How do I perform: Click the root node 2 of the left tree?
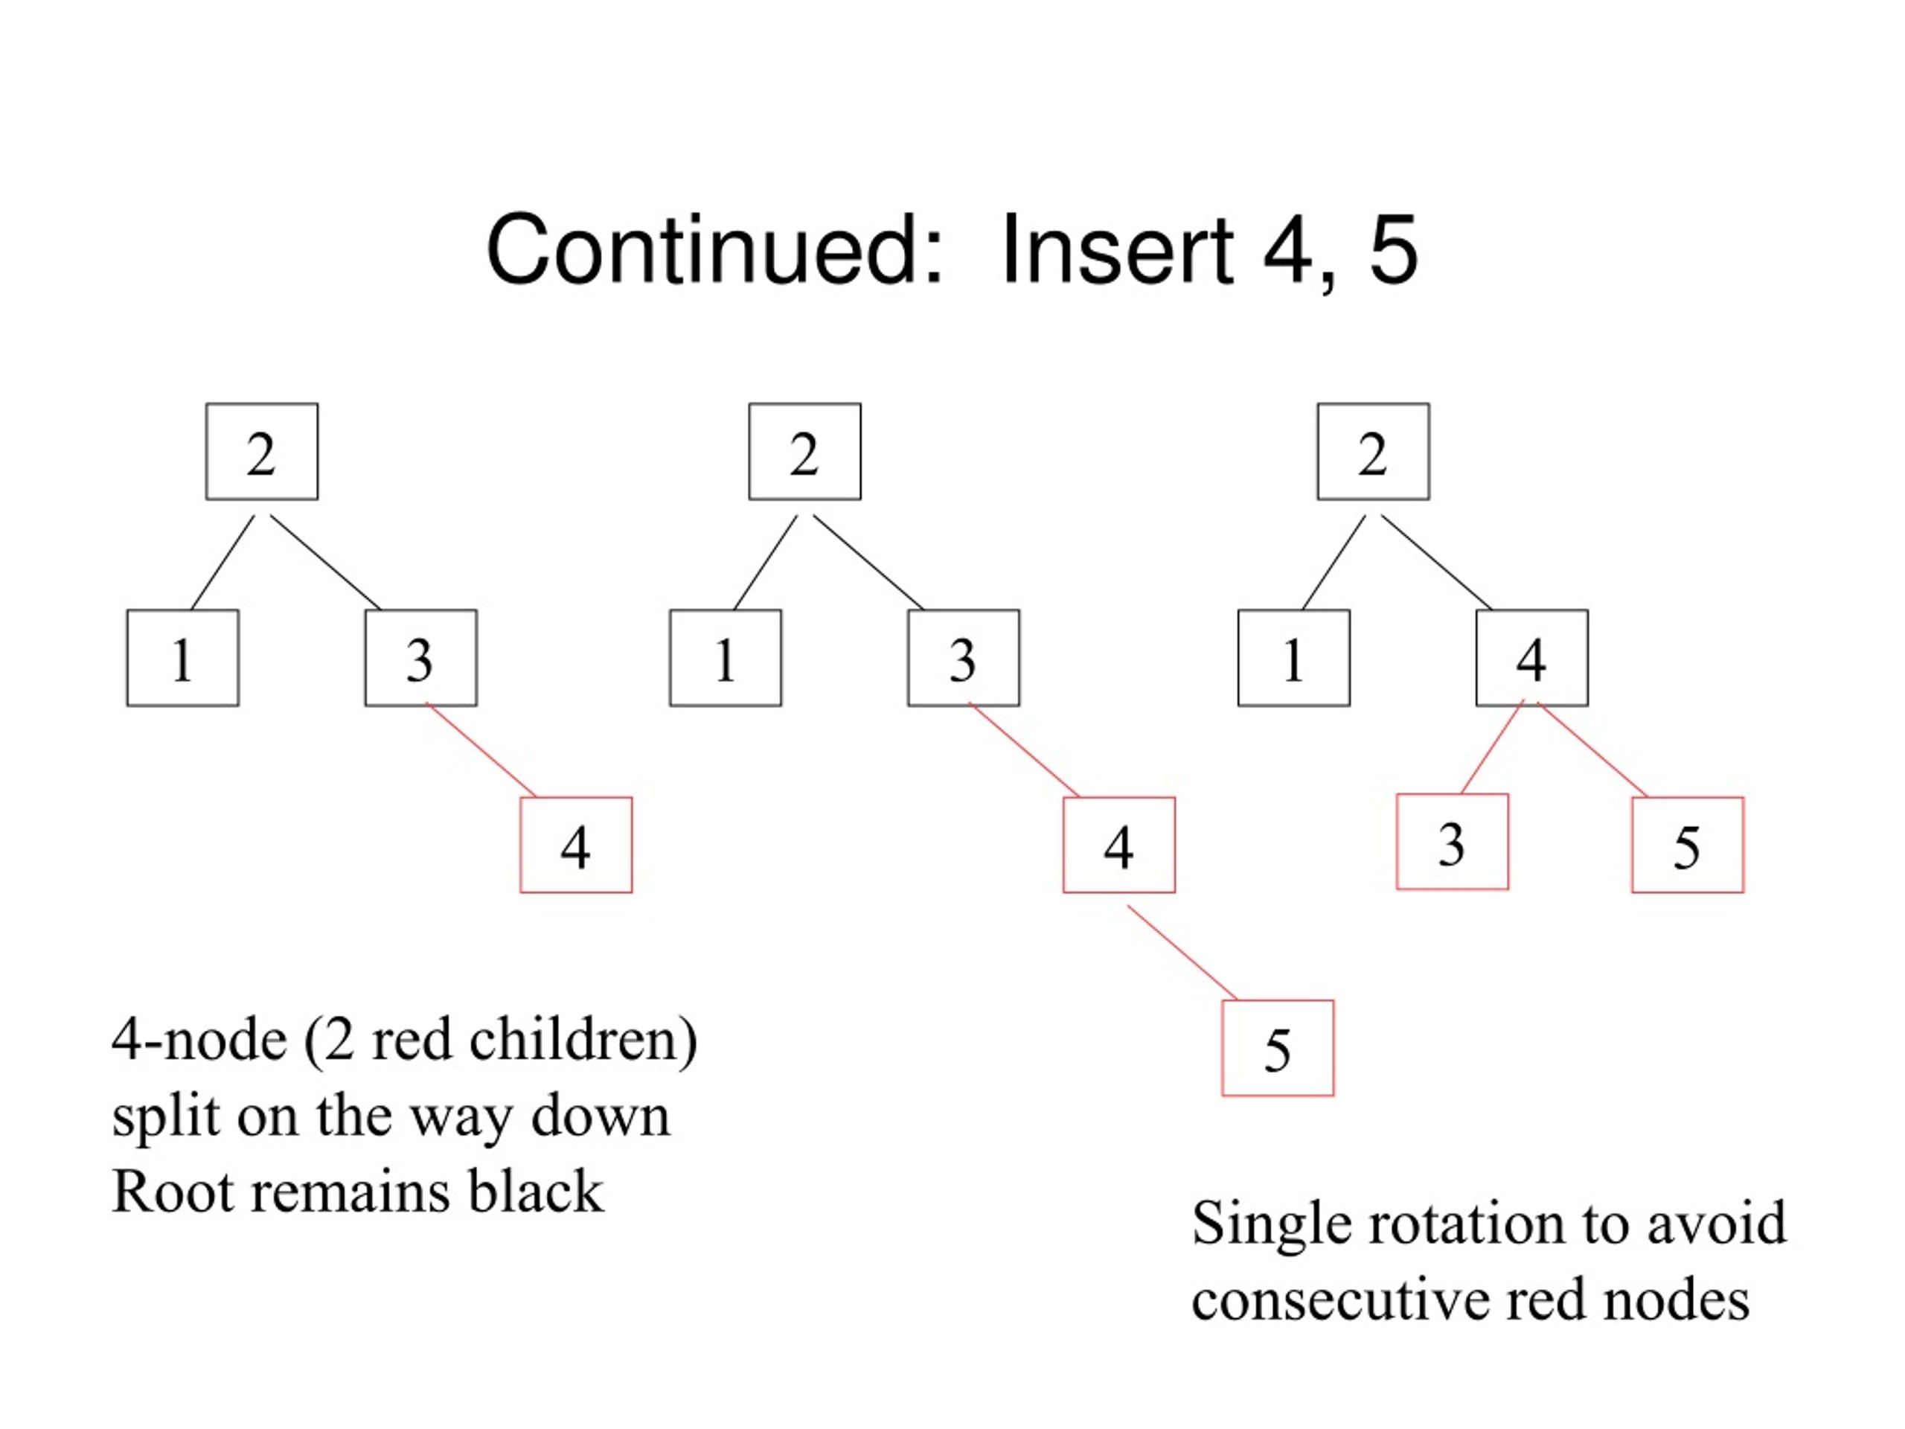(x=262, y=451)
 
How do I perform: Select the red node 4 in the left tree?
(x=576, y=845)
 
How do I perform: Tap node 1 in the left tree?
(x=182, y=658)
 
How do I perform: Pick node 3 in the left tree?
(x=421, y=658)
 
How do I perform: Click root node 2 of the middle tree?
(x=805, y=451)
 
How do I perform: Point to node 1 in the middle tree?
(x=726, y=658)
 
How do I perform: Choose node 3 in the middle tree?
(x=964, y=658)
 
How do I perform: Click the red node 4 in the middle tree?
(x=1120, y=845)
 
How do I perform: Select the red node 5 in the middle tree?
(x=1278, y=1048)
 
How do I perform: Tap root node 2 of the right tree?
(x=1374, y=451)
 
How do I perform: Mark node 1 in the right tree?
(x=1294, y=658)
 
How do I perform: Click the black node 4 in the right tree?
(x=1532, y=658)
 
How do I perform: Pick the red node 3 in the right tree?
(x=1453, y=842)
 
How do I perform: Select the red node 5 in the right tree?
(x=1688, y=845)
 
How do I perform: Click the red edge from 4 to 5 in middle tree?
(x=1183, y=953)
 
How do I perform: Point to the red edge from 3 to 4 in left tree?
(x=481, y=750)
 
